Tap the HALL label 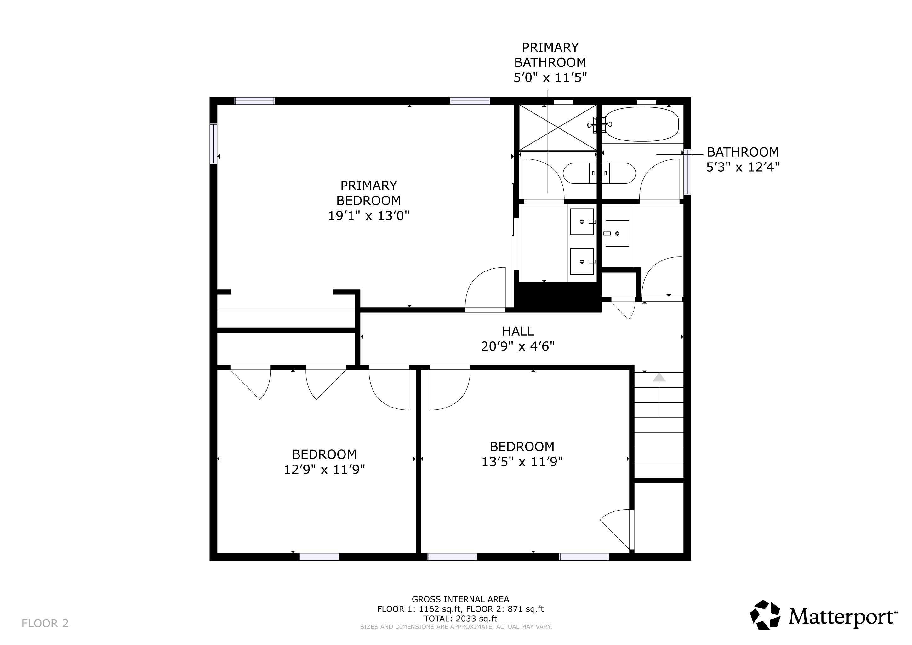tap(518, 331)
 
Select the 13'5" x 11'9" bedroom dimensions tap(522, 461)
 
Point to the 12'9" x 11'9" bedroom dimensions tap(324, 470)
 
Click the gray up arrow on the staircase tap(659, 378)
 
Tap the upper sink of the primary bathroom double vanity tap(582, 221)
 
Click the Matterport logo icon tap(765, 615)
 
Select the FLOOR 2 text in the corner tap(45, 624)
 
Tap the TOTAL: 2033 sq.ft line tap(460, 619)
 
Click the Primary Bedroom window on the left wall tap(214, 143)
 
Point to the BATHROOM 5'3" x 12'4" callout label tap(742, 159)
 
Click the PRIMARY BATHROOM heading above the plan tap(550, 55)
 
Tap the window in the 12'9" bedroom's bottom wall tap(319, 557)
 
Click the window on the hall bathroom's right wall tap(687, 172)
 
